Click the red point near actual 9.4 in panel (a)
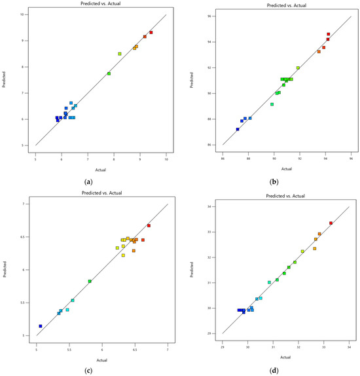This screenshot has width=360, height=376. click(151, 32)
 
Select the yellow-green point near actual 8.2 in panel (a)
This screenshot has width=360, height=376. click(120, 54)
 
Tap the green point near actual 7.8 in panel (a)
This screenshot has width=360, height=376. click(109, 73)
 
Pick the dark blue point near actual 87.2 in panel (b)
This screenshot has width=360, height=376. click(238, 129)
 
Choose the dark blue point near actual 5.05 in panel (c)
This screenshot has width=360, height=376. click(41, 326)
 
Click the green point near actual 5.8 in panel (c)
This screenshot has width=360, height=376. click(90, 281)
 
